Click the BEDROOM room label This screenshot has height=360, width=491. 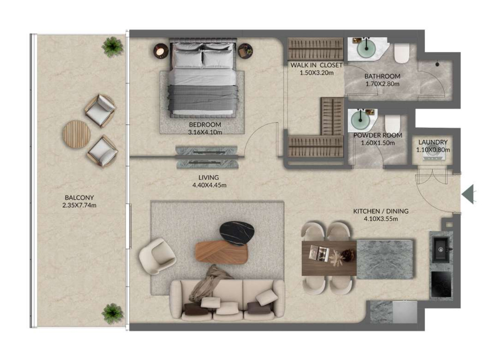click(x=205, y=124)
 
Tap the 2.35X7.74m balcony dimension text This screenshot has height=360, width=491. click(x=79, y=205)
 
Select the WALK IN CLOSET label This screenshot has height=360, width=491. click(x=316, y=65)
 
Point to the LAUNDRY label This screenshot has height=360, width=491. click(x=433, y=142)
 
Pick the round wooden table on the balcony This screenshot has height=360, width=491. click(x=77, y=134)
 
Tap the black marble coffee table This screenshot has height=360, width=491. click(x=237, y=233)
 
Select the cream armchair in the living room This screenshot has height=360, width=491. click(x=158, y=256)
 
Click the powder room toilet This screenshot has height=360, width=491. click(x=393, y=124)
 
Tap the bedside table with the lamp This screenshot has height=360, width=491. click(x=161, y=51)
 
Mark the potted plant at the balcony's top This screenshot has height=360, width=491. click(x=112, y=47)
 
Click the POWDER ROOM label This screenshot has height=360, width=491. click(x=378, y=135)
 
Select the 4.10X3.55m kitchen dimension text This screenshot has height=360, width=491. click(x=381, y=219)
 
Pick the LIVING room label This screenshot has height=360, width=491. click(x=209, y=177)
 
